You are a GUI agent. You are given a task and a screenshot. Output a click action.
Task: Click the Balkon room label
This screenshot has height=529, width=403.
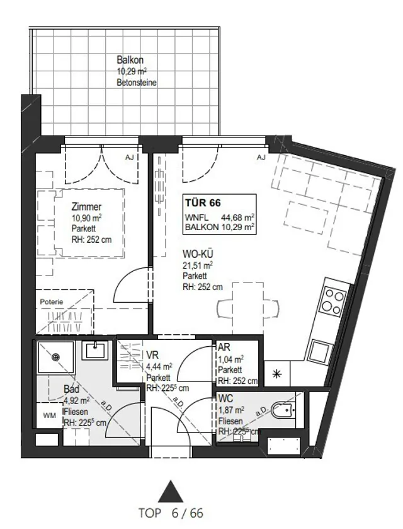pyautogui.click(x=130, y=60)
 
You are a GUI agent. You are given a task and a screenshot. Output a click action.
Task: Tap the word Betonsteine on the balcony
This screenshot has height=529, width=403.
pyautogui.click(x=137, y=83)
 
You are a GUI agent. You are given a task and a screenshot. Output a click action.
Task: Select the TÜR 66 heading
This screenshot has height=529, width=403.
pyautogui.click(x=203, y=203)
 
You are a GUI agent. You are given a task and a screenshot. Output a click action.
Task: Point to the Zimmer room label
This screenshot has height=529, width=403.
pyautogui.click(x=86, y=206)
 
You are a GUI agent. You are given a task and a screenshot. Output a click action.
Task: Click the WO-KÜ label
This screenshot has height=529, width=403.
pyautogui.click(x=198, y=253)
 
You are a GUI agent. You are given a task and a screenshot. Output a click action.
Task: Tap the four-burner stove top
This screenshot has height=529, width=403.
pyautogui.click(x=333, y=301)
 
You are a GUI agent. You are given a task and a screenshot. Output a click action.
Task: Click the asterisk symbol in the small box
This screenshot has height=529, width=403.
pyautogui.click(x=276, y=374)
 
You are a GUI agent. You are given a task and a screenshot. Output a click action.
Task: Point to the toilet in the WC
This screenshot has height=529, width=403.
pyautogui.click(x=281, y=410)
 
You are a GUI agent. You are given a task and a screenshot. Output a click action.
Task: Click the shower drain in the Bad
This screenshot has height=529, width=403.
pyautogui.click(x=57, y=357)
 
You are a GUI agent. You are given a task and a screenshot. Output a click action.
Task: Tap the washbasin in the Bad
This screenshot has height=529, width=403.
pyautogui.click(x=95, y=350)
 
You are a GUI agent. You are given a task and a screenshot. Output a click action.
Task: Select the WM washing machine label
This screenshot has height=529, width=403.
pyautogui.click(x=50, y=416)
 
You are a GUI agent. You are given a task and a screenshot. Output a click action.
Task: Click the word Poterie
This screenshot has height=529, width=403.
pyautogui.click(x=52, y=301)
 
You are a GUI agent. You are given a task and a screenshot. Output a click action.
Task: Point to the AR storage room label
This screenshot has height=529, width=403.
pyautogui.click(x=224, y=347)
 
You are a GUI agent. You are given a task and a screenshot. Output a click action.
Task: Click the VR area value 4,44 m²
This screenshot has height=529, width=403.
pyautogui.click(x=159, y=366)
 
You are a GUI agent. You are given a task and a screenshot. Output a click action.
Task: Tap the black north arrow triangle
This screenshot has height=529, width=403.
pyautogui.click(x=171, y=492)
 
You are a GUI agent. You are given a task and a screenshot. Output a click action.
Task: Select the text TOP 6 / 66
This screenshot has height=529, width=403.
pyautogui.click(x=171, y=513)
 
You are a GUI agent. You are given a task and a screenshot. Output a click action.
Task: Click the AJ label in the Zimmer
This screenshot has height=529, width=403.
pyautogui.click(x=129, y=158)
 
